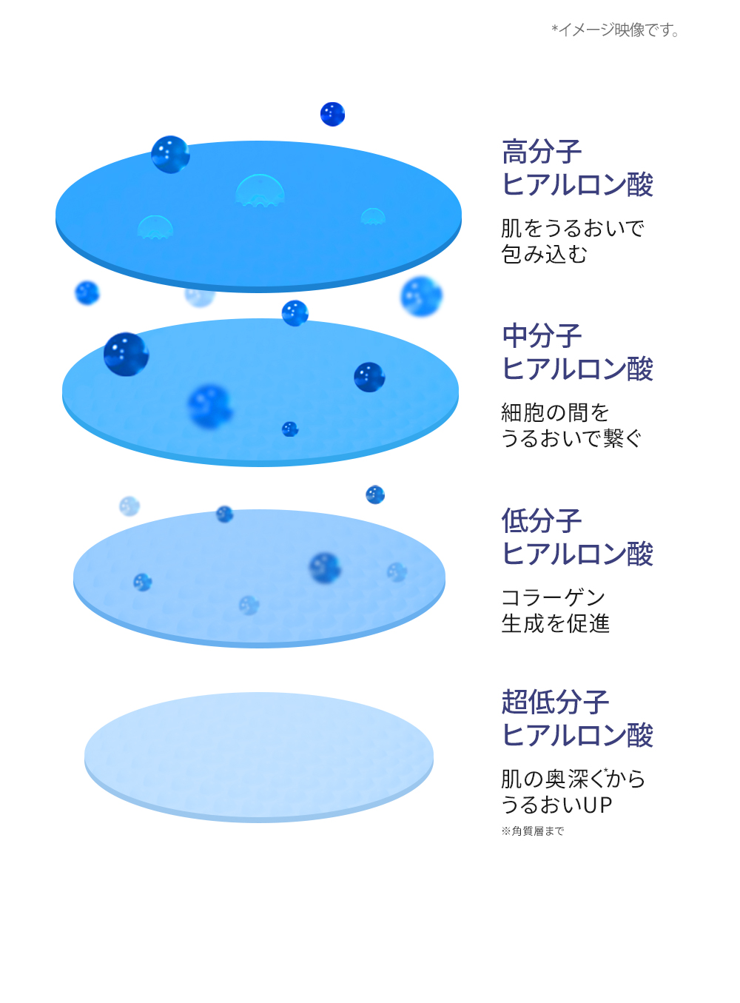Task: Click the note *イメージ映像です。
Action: coord(616,30)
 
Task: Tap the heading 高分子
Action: coord(542,152)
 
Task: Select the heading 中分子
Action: coord(542,336)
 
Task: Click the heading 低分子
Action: coord(542,520)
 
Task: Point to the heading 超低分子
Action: coord(555,702)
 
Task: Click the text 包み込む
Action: coord(544,255)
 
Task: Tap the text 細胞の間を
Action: coord(555,412)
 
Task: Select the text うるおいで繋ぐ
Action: coord(571,439)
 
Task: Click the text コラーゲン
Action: coord(554,597)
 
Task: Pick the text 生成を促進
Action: coord(555,624)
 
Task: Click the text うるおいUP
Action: coord(556,805)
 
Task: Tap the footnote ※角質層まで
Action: coord(533,831)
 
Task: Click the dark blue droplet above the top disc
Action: coord(332,114)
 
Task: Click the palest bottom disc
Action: coord(259,755)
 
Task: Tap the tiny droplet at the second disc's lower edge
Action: coord(290,429)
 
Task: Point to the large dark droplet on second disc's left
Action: coord(126,354)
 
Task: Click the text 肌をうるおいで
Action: coord(572,228)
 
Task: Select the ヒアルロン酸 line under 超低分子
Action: coord(577,735)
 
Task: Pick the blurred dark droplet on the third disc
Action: coord(325,568)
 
